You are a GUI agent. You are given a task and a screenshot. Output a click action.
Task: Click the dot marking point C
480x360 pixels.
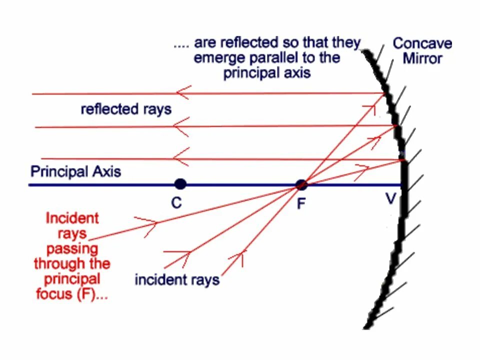180,184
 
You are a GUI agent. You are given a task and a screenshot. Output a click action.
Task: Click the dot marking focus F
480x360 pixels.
301,185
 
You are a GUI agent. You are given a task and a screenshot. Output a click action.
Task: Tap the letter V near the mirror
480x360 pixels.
390,199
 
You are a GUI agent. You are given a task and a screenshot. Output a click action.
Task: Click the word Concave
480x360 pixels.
422,43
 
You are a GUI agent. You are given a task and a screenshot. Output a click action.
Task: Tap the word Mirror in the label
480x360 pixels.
422,58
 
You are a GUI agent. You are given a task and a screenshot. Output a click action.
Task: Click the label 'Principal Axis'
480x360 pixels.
75,172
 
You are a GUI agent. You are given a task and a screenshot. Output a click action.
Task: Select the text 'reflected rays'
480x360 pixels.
125,109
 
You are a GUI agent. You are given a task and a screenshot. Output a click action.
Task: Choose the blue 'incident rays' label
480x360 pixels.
177,279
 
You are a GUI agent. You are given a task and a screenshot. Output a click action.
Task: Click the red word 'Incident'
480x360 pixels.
72,218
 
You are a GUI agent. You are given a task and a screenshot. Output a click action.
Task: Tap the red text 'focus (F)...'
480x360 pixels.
71,294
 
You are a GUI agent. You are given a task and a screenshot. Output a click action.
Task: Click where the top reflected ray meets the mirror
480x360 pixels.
384,93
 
